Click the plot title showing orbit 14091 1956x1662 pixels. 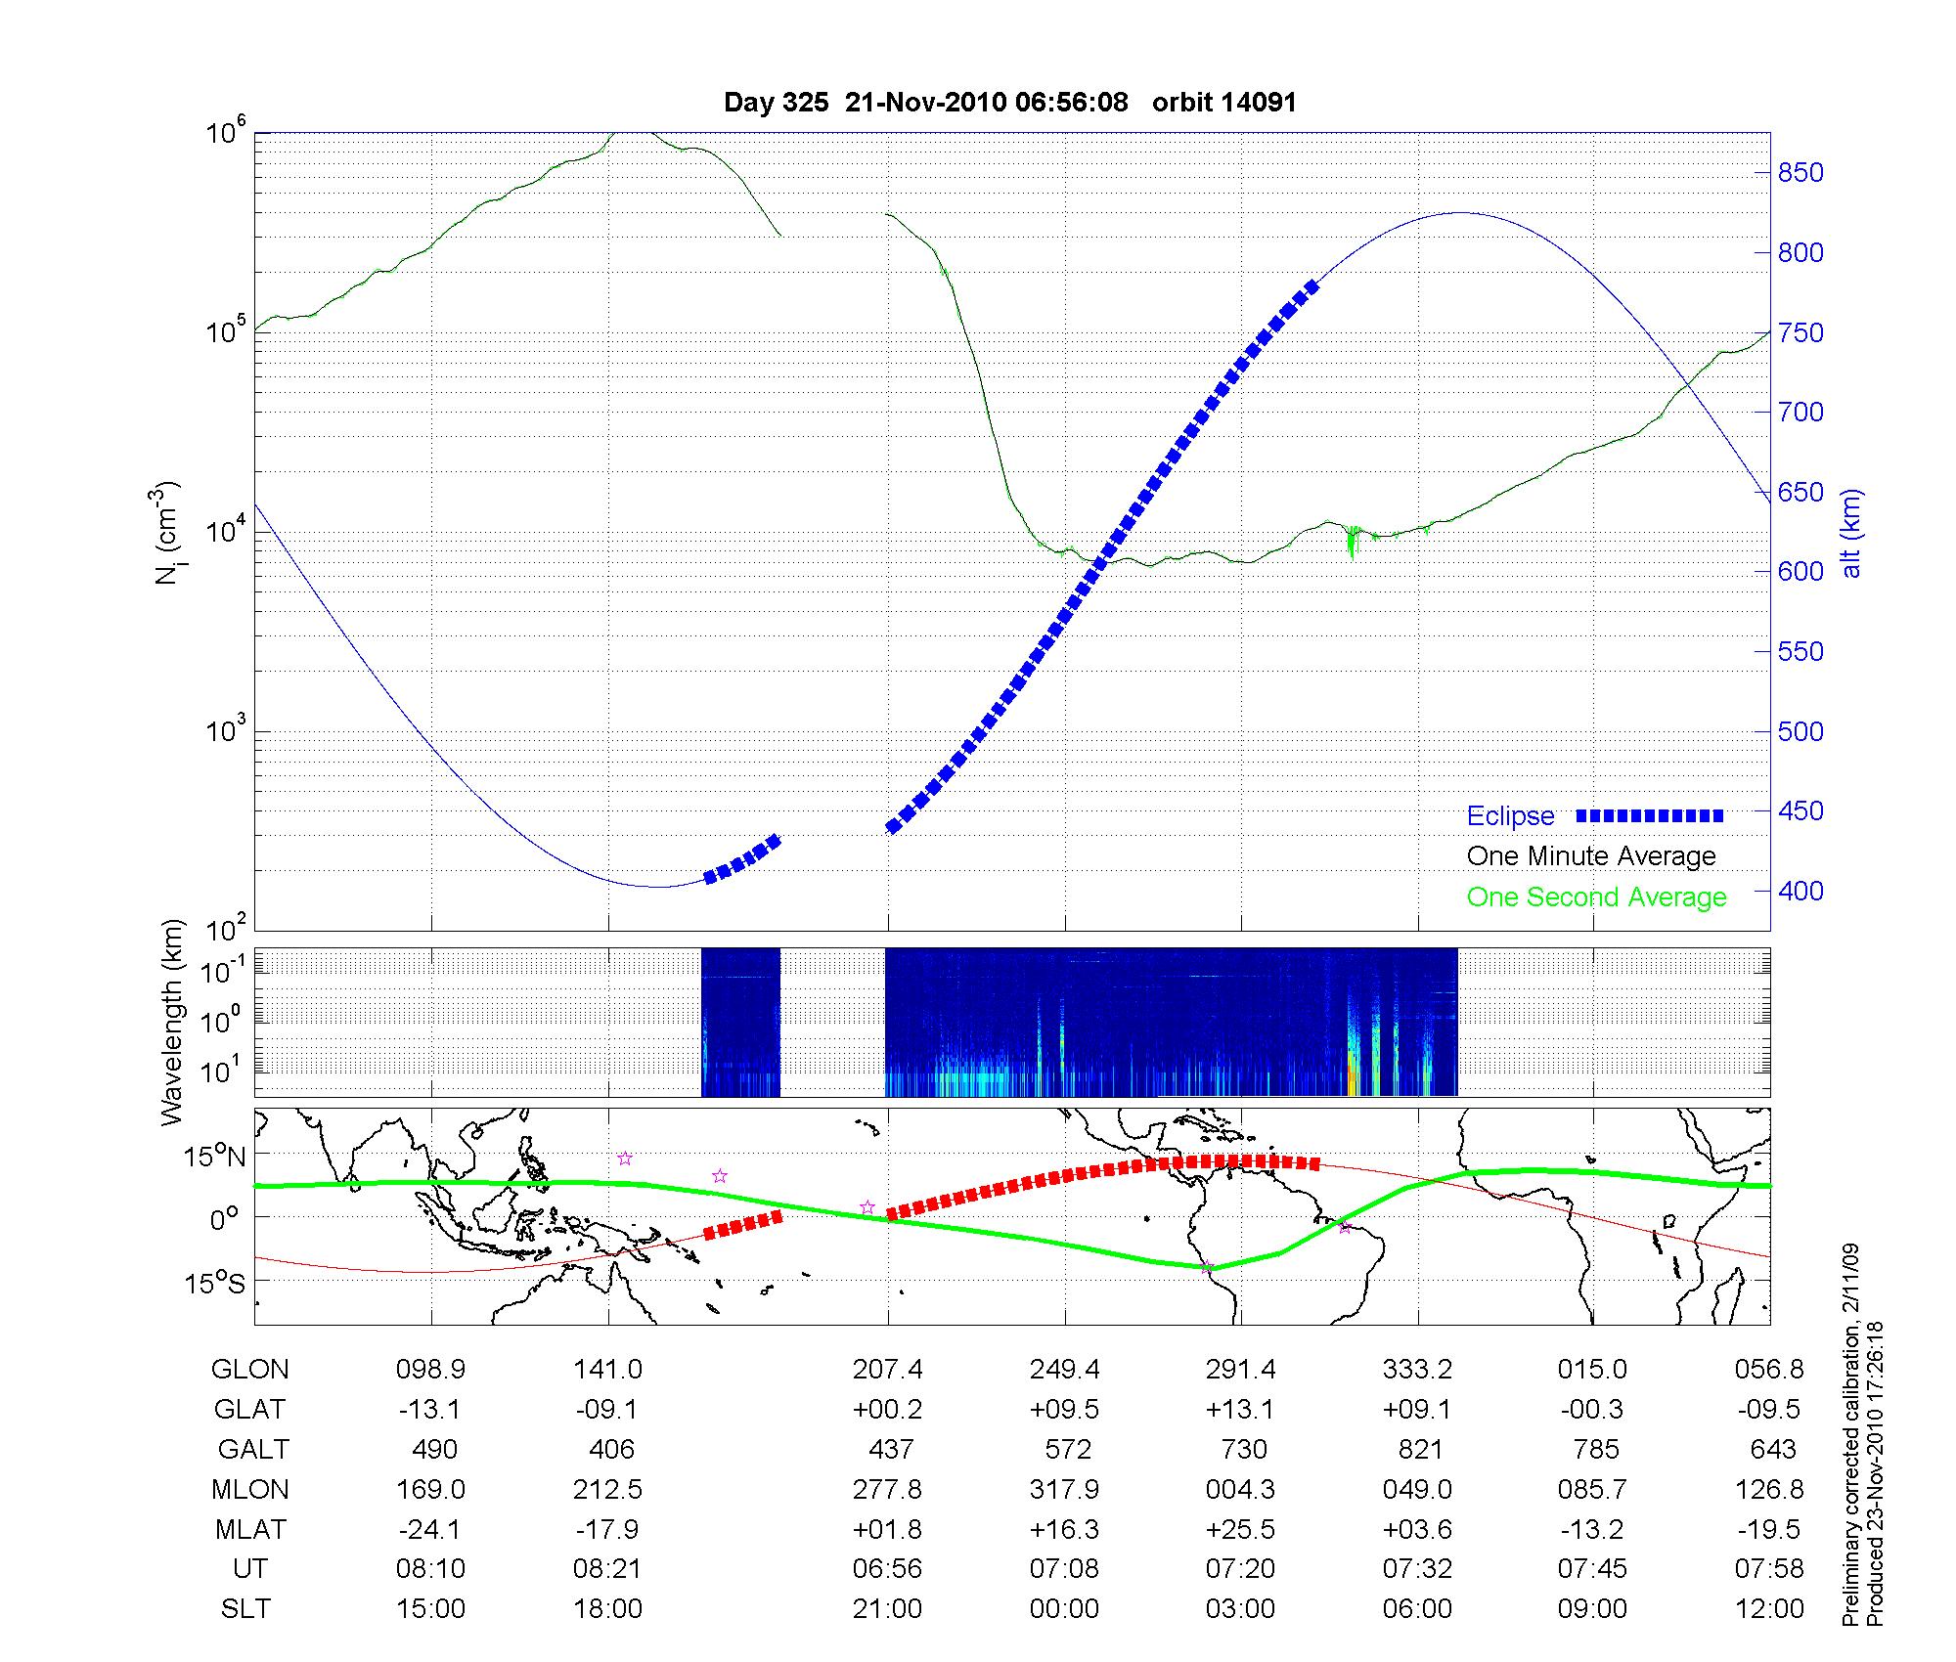coord(1009,103)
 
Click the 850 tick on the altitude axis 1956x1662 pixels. coord(1800,173)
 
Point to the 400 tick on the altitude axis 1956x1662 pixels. coord(1800,891)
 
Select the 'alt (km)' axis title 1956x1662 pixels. coord(1851,533)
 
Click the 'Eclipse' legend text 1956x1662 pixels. coord(1510,816)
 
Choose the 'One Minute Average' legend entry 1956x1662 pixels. coord(1591,856)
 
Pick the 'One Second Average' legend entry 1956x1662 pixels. coord(1596,897)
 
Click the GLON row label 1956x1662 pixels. coord(249,1370)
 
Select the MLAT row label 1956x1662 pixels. coord(250,1529)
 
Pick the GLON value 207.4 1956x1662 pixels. coord(887,1370)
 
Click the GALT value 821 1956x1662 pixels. coord(1419,1449)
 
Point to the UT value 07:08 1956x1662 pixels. coord(1064,1569)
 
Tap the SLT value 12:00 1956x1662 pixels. coord(1769,1609)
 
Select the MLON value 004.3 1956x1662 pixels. coord(1241,1489)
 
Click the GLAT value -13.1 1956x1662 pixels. coord(430,1410)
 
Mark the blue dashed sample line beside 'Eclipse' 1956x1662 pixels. coord(1650,815)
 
